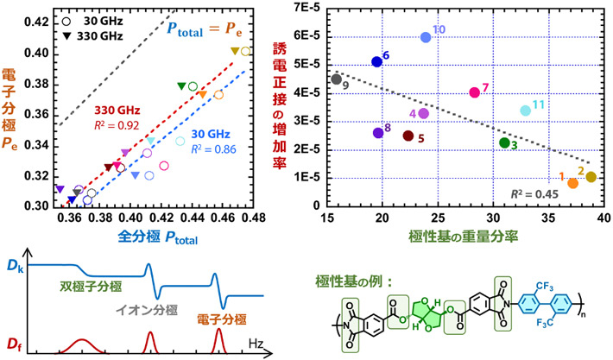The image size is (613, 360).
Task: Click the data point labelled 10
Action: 426,37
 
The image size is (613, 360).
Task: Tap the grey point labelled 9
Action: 337,79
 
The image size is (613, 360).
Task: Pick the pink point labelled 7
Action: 474,92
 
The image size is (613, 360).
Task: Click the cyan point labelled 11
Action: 525,111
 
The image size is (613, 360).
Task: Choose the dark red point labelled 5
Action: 408,136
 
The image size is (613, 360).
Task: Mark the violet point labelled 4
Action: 423,113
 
